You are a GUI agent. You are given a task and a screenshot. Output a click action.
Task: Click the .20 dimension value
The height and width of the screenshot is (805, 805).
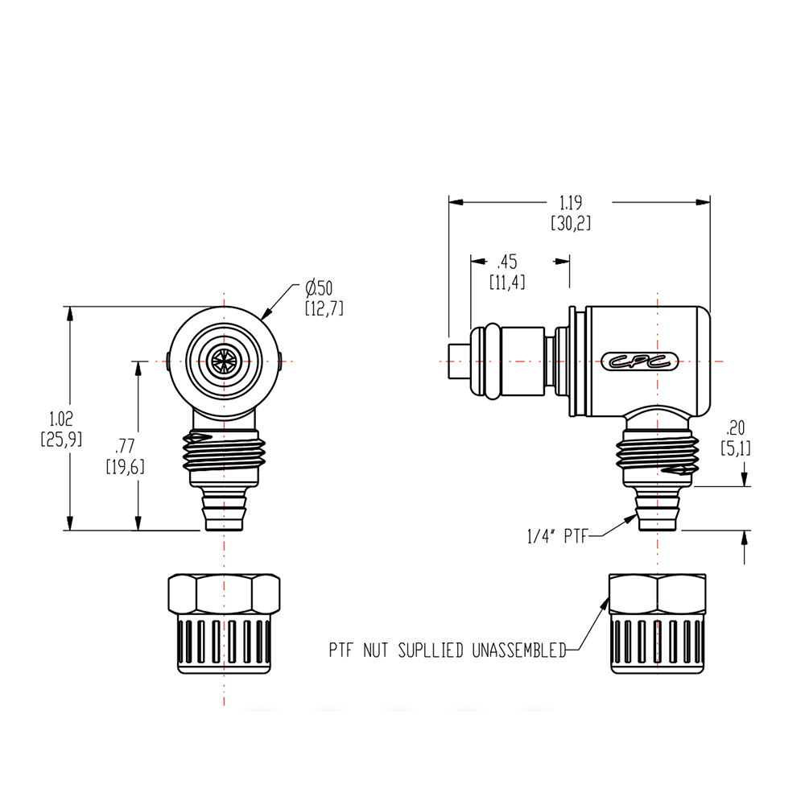pyautogui.click(x=735, y=427)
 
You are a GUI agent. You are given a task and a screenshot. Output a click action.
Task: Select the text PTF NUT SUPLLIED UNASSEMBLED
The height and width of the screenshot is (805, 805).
pyautogui.click(x=448, y=650)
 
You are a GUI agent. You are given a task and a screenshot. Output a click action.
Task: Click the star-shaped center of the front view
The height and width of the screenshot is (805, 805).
pyautogui.click(x=223, y=361)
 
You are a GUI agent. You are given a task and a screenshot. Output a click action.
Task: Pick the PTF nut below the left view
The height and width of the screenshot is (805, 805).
pyautogui.click(x=223, y=623)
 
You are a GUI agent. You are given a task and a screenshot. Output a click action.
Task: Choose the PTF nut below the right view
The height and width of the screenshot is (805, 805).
pyautogui.click(x=657, y=623)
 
